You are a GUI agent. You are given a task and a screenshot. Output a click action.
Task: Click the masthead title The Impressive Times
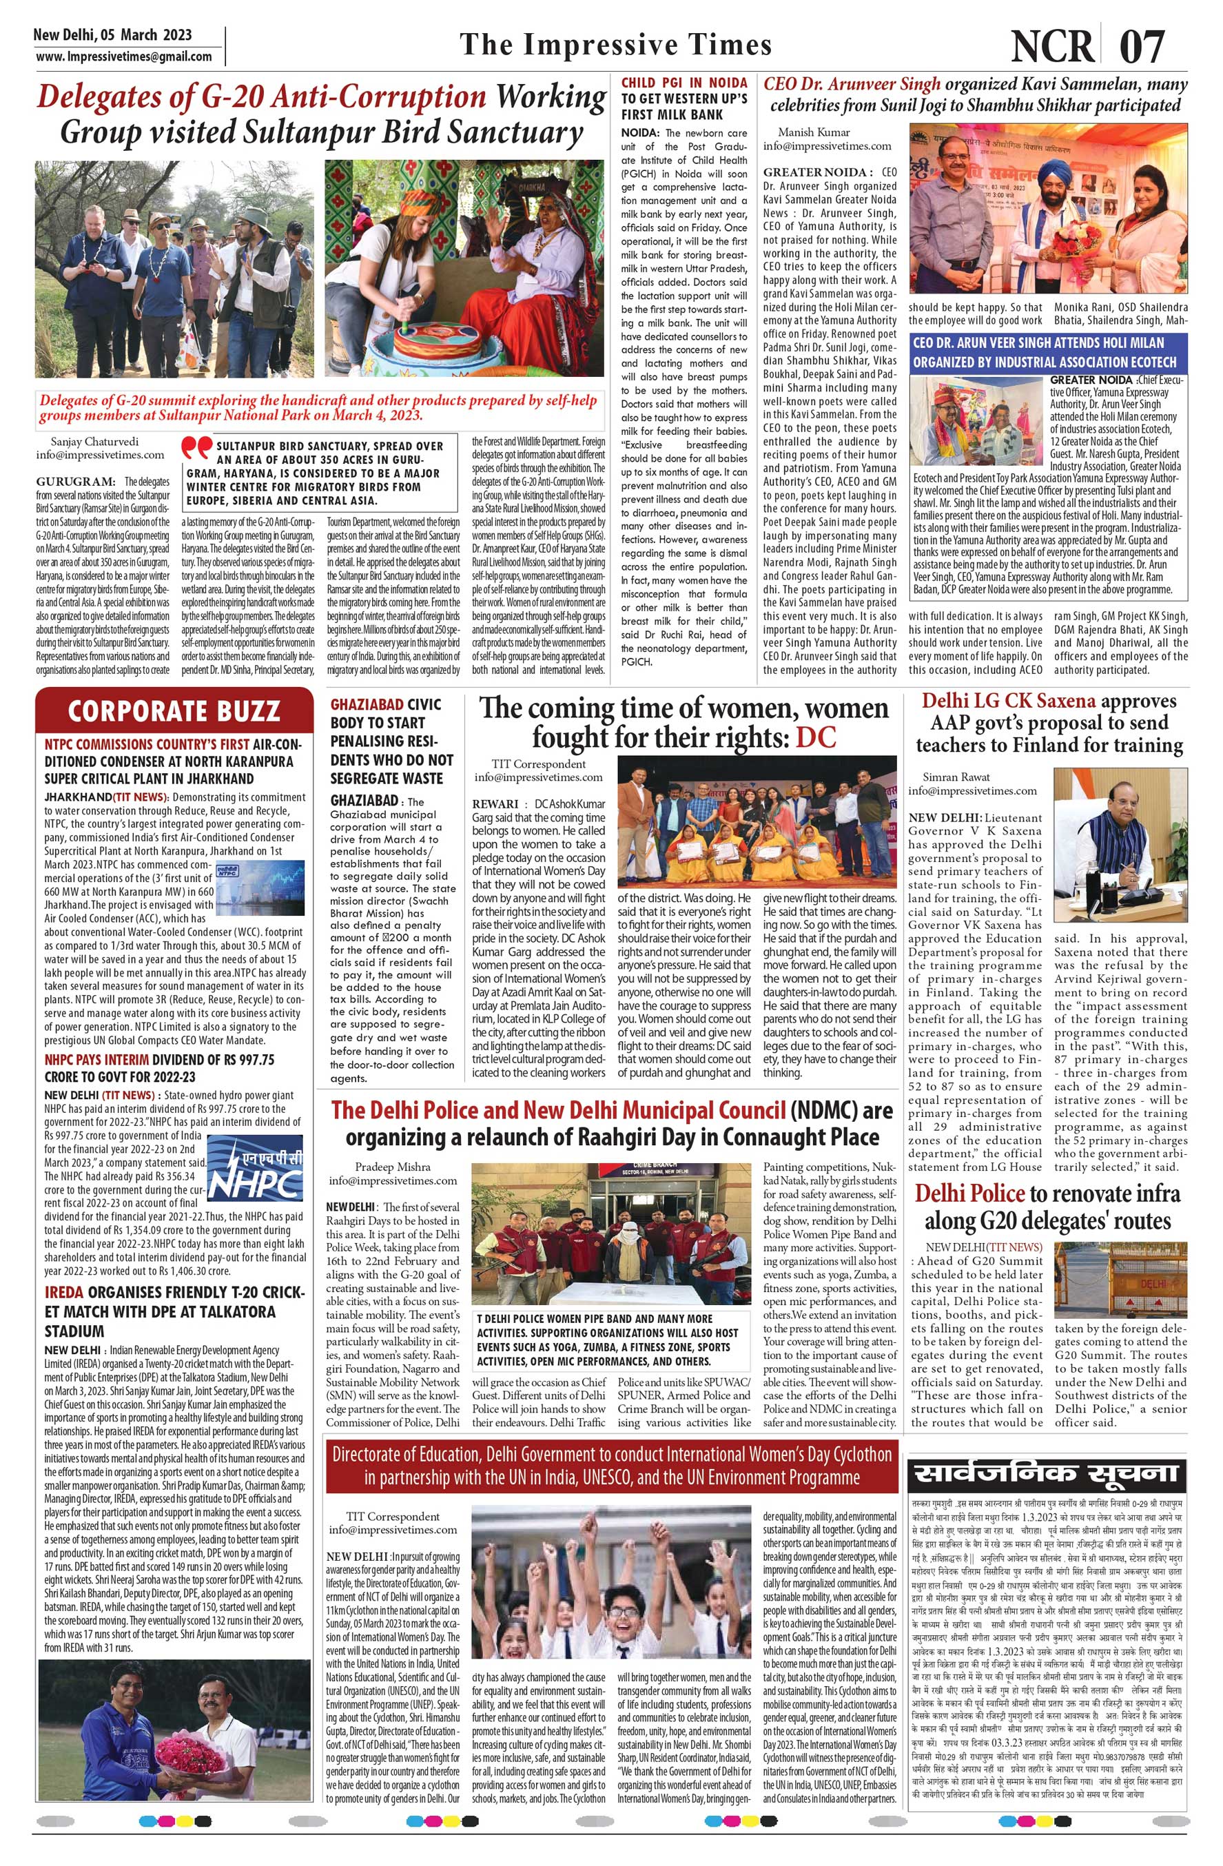tap(615, 45)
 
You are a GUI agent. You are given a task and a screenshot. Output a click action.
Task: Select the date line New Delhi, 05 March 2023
tap(112, 35)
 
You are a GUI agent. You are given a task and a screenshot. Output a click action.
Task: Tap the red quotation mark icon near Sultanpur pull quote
tap(195, 447)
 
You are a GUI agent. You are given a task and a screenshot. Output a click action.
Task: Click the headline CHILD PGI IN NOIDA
tap(684, 82)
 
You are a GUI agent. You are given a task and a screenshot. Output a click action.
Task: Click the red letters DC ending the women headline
tap(816, 737)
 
